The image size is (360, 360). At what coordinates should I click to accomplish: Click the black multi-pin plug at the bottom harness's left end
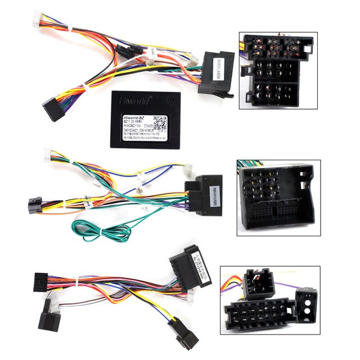42,280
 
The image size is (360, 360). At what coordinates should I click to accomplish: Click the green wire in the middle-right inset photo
246,165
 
